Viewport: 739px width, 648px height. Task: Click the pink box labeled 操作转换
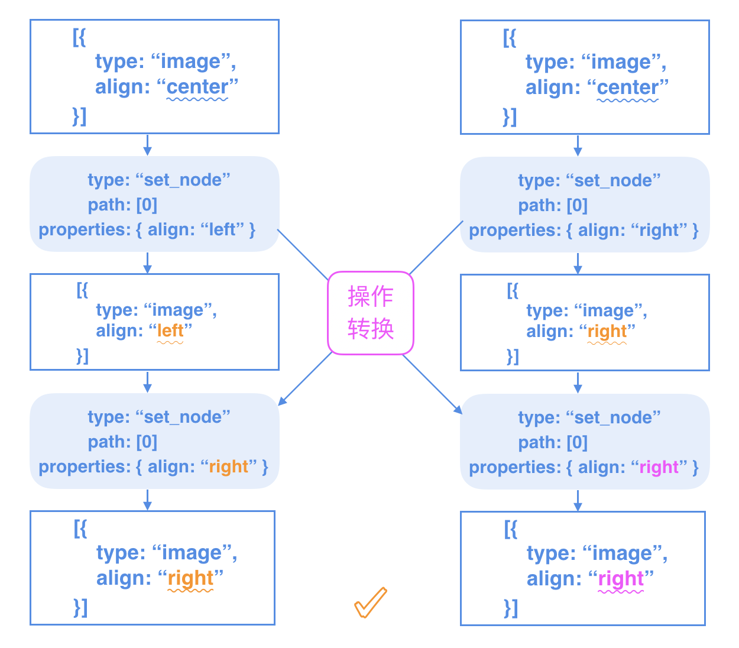(371, 313)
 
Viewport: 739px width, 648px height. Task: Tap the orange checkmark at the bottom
(371, 602)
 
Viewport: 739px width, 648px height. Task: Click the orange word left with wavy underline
(170, 331)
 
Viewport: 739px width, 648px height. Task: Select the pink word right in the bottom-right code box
(621, 578)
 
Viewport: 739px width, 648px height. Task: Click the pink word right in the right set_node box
(659, 467)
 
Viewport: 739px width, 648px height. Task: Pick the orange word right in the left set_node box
(229, 466)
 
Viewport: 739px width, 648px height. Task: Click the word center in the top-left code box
(197, 87)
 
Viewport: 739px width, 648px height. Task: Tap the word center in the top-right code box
(628, 88)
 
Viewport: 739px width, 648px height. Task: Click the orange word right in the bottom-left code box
(190, 578)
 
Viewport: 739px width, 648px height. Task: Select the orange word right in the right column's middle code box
(607, 331)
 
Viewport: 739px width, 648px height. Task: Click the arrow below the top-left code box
(148, 145)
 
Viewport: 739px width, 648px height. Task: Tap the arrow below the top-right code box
(578, 145)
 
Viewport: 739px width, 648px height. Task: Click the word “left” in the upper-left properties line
(222, 229)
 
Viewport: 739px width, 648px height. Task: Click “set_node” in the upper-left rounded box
(183, 180)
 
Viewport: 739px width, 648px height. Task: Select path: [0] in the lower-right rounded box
(553, 442)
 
